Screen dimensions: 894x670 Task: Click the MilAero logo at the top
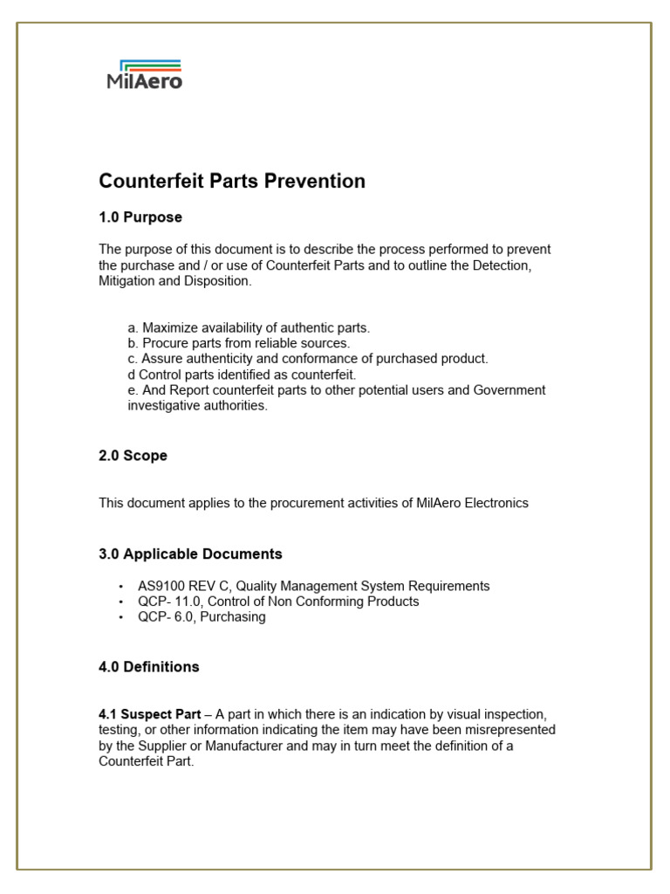(144, 74)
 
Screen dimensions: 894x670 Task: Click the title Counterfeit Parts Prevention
(232, 182)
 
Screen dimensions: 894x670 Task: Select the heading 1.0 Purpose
(140, 217)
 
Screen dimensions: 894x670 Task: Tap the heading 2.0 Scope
(133, 456)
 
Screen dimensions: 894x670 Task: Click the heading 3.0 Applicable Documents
(190, 554)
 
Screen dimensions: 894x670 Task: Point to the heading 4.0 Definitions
(148, 667)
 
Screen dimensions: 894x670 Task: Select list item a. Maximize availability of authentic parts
(249, 327)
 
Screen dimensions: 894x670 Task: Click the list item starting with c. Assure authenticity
(307, 359)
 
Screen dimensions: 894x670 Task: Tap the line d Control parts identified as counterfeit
(242, 375)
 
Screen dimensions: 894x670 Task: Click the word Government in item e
(509, 390)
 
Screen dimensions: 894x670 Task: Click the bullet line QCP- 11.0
(277, 602)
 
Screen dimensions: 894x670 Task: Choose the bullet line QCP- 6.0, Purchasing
(201, 617)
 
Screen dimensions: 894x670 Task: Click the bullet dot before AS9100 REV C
(120, 587)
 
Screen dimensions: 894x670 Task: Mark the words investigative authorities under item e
(197, 406)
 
